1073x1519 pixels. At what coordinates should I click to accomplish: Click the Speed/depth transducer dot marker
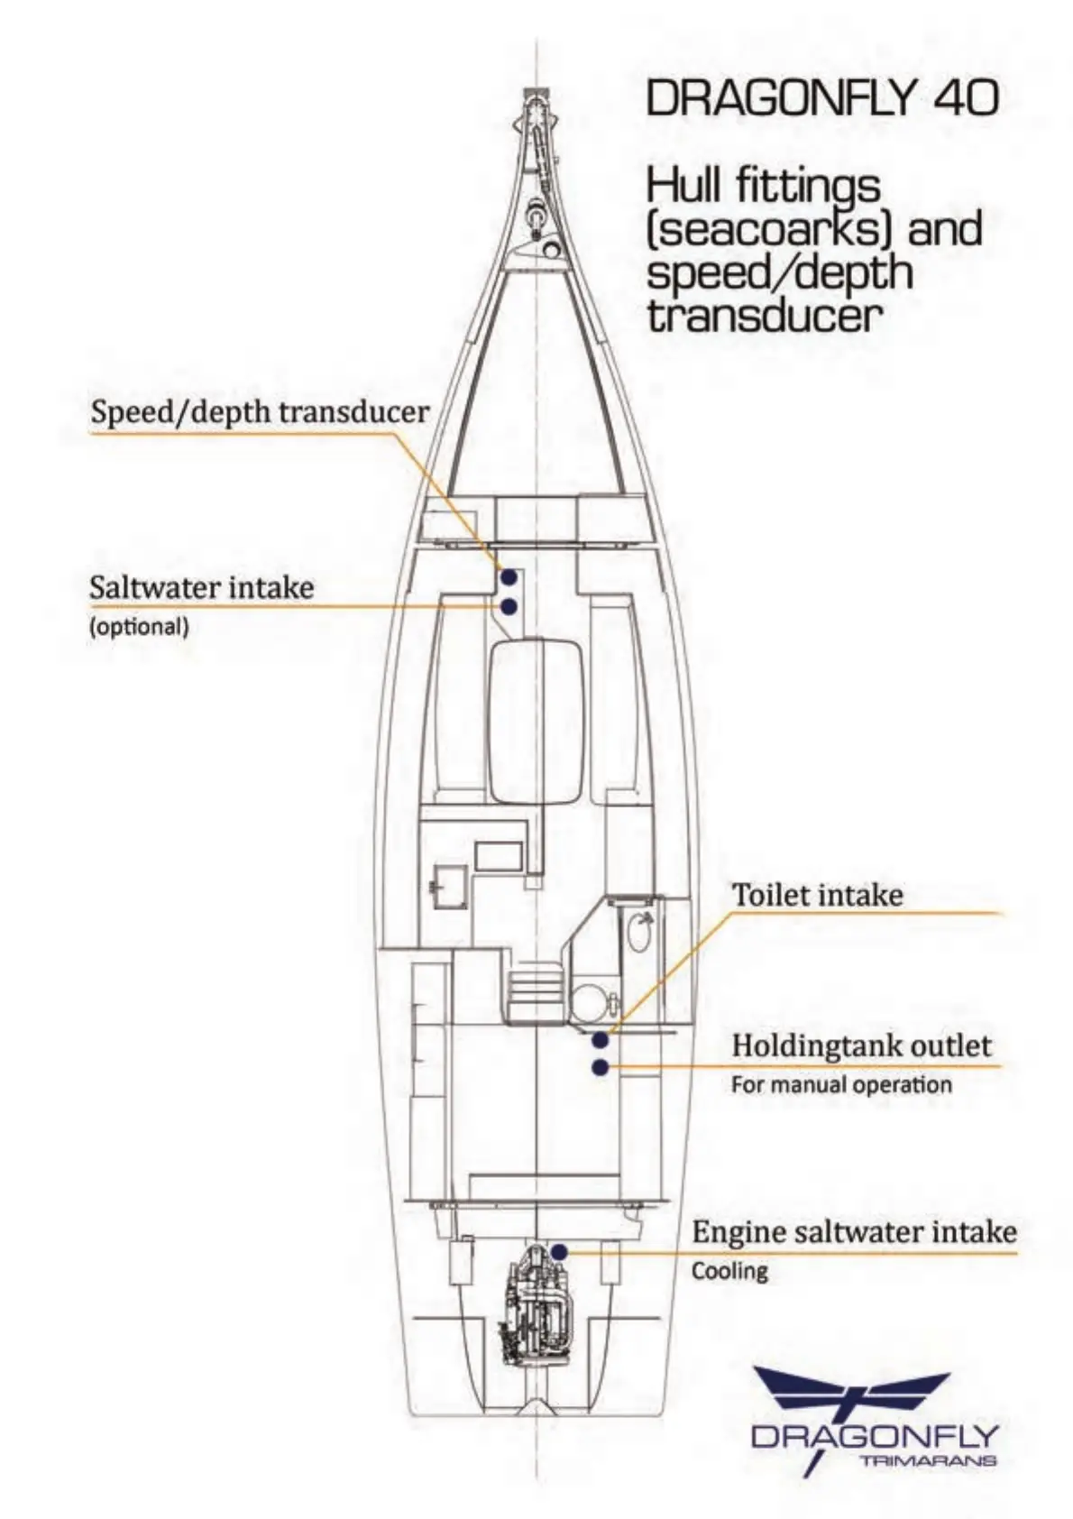tap(509, 576)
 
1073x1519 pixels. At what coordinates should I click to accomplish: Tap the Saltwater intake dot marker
tap(509, 607)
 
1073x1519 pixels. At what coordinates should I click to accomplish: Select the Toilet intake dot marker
tap(600, 1040)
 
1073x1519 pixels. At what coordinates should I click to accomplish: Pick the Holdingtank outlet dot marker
tap(600, 1068)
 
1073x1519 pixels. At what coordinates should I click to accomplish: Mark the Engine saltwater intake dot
tap(559, 1252)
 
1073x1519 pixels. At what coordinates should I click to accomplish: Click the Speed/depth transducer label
tap(260, 412)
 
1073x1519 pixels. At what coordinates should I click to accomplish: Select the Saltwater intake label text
tap(202, 588)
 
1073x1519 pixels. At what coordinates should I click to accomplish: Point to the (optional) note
tap(139, 627)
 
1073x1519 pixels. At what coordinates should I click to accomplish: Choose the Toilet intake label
tap(817, 895)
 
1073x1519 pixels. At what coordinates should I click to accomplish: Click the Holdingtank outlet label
tap(861, 1045)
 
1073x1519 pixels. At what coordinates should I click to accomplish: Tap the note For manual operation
tap(841, 1084)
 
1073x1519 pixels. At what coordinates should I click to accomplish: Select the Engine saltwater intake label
tap(854, 1232)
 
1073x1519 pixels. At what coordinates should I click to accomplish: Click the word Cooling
tap(729, 1271)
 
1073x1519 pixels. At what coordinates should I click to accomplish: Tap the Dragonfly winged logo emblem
tap(852, 1394)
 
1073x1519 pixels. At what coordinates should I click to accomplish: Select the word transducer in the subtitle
tap(763, 316)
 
